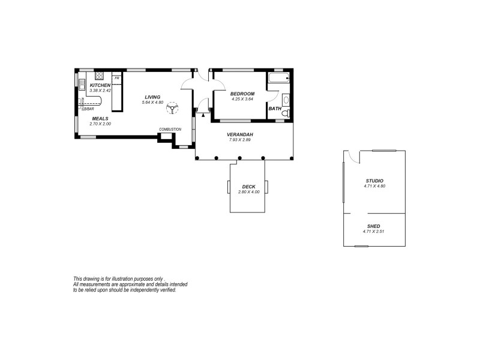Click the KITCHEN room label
(100, 86)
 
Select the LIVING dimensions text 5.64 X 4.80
(152, 103)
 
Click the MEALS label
(100, 119)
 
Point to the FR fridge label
(117, 78)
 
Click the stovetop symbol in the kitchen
(100, 76)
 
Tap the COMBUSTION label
(170, 130)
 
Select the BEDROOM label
(242, 94)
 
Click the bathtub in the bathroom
(279, 79)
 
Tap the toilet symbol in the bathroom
(286, 113)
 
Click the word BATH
(275, 109)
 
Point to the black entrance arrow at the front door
(203, 114)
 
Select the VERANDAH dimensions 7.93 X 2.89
(239, 140)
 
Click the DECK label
(248, 187)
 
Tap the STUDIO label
(374, 181)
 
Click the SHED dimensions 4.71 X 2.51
(373, 232)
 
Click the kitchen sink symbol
(81, 88)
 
